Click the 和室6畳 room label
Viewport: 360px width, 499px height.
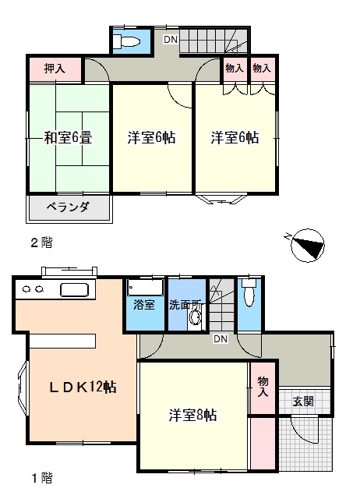pyautogui.click(x=68, y=138)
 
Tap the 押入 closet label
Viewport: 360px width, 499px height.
pyautogui.click(x=55, y=69)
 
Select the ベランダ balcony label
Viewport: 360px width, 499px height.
pyautogui.click(x=68, y=207)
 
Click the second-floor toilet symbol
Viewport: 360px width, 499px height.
pyautogui.click(x=126, y=41)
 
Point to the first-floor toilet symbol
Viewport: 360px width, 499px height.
pyautogui.click(x=249, y=293)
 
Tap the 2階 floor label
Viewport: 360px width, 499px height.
pyautogui.click(x=41, y=242)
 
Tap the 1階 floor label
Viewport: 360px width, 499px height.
pyautogui.click(x=41, y=478)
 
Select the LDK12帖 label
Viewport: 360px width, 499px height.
pyautogui.click(x=83, y=387)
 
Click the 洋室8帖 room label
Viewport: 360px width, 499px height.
pyautogui.click(x=192, y=415)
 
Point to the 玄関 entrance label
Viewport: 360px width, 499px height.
pyautogui.click(x=303, y=402)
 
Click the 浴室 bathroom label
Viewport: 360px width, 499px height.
pyautogui.click(x=144, y=305)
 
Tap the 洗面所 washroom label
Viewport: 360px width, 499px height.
pyautogui.click(x=185, y=305)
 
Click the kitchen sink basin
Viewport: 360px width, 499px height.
pyautogui.click(x=74, y=290)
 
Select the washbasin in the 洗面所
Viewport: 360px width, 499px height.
pyautogui.click(x=194, y=317)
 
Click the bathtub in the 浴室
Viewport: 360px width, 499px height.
pyautogui.click(x=145, y=288)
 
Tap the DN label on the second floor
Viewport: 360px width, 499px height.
pyautogui.click(x=171, y=40)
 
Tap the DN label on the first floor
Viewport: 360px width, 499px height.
pyautogui.click(x=221, y=338)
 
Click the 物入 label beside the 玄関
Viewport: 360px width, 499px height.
pyautogui.click(x=263, y=386)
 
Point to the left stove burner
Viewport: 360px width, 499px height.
pyautogui.click(x=26, y=289)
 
